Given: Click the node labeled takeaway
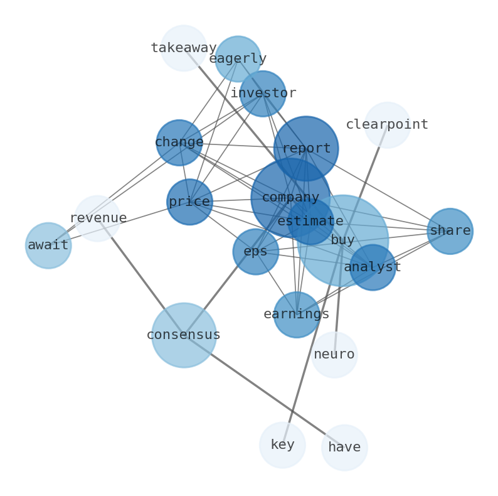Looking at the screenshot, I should click(x=183, y=48).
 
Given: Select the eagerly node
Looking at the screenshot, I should click(x=238, y=59).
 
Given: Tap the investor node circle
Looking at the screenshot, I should click(x=263, y=94).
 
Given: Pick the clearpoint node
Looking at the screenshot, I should click(x=387, y=125).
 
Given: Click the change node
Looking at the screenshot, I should click(x=179, y=143).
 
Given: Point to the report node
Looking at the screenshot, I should click(x=306, y=149).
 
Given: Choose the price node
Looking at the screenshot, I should click(x=189, y=202).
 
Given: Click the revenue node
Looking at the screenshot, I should click(x=97, y=218).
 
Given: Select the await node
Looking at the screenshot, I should click(x=48, y=245).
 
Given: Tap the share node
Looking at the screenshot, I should click(x=450, y=231).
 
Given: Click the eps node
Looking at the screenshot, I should click(x=255, y=252).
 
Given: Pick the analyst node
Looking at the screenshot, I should click(x=373, y=267).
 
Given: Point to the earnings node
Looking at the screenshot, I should click(x=297, y=315).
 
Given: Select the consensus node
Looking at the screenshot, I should click(x=184, y=335).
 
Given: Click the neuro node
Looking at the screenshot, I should click(x=334, y=355).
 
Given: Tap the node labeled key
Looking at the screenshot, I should click(x=282, y=445).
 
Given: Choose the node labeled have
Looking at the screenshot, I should click(x=344, y=448).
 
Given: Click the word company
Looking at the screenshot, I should click(x=290, y=198).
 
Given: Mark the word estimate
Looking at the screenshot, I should click(x=310, y=222).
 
